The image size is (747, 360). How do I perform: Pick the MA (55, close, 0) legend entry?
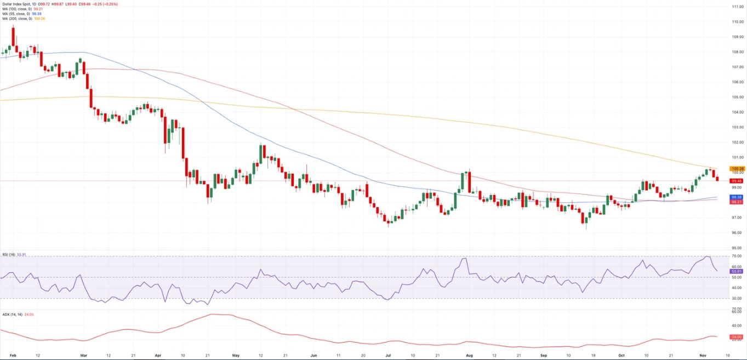point(22,14)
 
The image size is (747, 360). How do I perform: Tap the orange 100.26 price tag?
point(737,169)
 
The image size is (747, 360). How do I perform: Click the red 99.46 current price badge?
point(737,180)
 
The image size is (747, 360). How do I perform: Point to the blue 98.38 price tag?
point(737,197)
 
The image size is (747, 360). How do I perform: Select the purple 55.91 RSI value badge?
point(737,271)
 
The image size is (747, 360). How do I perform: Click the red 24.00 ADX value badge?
point(737,337)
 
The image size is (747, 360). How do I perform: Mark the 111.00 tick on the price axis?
point(737,7)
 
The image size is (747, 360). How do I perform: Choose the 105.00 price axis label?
point(737,97)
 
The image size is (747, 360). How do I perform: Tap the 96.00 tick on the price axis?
point(737,232)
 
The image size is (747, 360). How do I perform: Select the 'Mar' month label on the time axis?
point(84,355)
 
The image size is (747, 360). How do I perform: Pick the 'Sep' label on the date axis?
point(544,355)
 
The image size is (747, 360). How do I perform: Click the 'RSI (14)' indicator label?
point(9,255)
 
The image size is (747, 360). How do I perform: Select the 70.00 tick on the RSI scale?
point(737,256)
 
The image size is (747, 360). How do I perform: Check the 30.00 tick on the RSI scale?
point(737,298)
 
